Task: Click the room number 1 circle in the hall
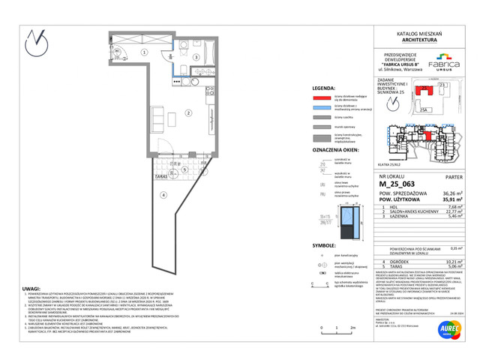[145, 51]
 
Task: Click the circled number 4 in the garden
[160, 193]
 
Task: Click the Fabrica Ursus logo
[445, 59]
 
